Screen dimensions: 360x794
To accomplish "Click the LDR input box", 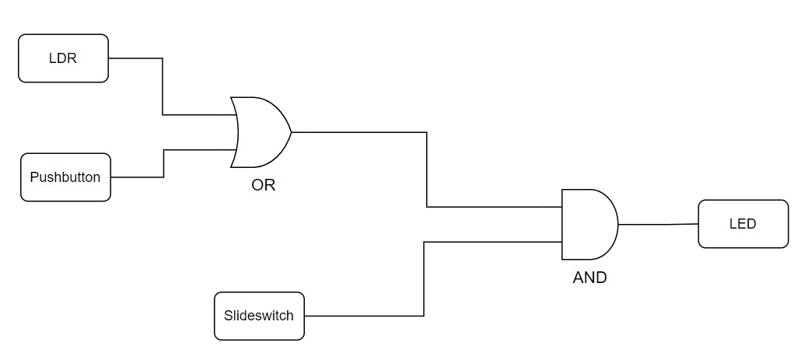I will tap(63, 58).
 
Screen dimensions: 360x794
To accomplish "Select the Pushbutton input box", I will tap(65, 177).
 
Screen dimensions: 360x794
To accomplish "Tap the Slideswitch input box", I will tap(259, 316).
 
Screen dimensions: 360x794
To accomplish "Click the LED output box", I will tap(743, 224).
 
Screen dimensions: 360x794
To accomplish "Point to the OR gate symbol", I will tap(261, 132).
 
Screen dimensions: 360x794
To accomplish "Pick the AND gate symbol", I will tap(588, 224).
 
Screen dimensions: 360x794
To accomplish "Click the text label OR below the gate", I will tap(264, 186).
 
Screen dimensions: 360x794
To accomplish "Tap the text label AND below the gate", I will tap(589, 277).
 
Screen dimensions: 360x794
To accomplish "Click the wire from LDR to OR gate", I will tap(163, 86).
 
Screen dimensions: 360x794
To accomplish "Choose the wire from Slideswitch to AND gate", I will tap(424, 280).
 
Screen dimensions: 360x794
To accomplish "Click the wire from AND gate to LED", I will tap(658, 224).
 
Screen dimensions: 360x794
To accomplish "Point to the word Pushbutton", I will tap(65, 177).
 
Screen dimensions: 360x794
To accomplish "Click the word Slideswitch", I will tap(259, 316).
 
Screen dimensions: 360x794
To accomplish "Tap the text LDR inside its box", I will tap(63, 58).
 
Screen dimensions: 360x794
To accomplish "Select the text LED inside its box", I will tap(743, 224).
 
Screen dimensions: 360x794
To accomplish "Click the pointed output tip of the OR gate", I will tap(291, 132).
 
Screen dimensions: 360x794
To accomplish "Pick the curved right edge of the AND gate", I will tap(617, 224).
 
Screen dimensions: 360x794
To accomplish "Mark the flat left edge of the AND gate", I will tap(562, 224).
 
